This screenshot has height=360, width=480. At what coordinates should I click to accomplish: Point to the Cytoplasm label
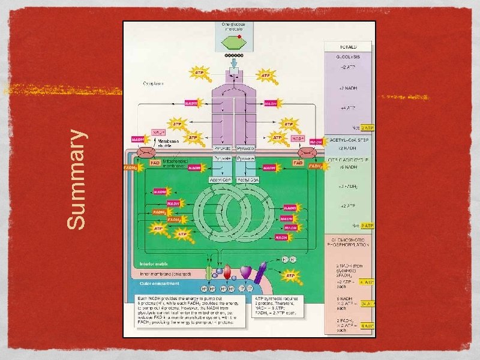coord(154,85)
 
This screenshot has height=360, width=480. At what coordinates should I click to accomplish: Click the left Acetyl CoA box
coord(220,179)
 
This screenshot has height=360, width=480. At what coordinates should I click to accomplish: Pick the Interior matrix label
coord(153,263)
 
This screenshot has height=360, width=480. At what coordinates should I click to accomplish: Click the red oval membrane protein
coord(227,273)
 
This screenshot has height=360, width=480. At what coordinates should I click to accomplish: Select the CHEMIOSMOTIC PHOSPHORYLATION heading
coord(348,242)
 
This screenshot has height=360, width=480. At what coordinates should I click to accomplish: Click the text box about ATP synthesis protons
coord(279,305)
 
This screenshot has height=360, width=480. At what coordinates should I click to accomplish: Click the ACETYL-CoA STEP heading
coord(348,139)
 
